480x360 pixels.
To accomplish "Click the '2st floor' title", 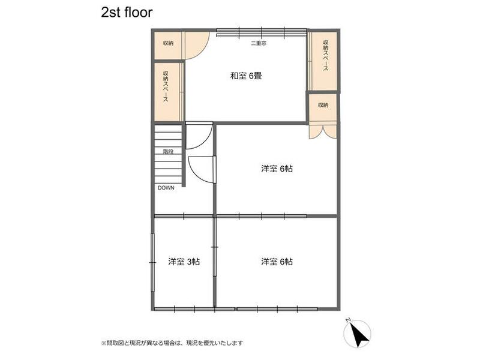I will (127, 11).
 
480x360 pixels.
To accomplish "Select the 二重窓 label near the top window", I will (259, 44).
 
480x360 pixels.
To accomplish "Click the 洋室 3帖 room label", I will (184, 262).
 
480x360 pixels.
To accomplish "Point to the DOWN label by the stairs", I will (166, 188).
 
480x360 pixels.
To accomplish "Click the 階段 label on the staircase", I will (168, 152).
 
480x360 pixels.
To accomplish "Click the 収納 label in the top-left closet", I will (168, 43).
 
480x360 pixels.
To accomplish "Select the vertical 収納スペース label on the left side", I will (166, 88).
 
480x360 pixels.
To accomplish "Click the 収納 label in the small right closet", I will (323, 105).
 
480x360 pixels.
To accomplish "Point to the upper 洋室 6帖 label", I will (277, 169).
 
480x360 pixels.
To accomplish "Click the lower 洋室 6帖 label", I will (277, 262).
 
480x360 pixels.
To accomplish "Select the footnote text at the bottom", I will (172, 343).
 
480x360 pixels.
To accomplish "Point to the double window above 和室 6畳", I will (261, 32).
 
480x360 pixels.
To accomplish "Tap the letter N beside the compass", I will (348, 320).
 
